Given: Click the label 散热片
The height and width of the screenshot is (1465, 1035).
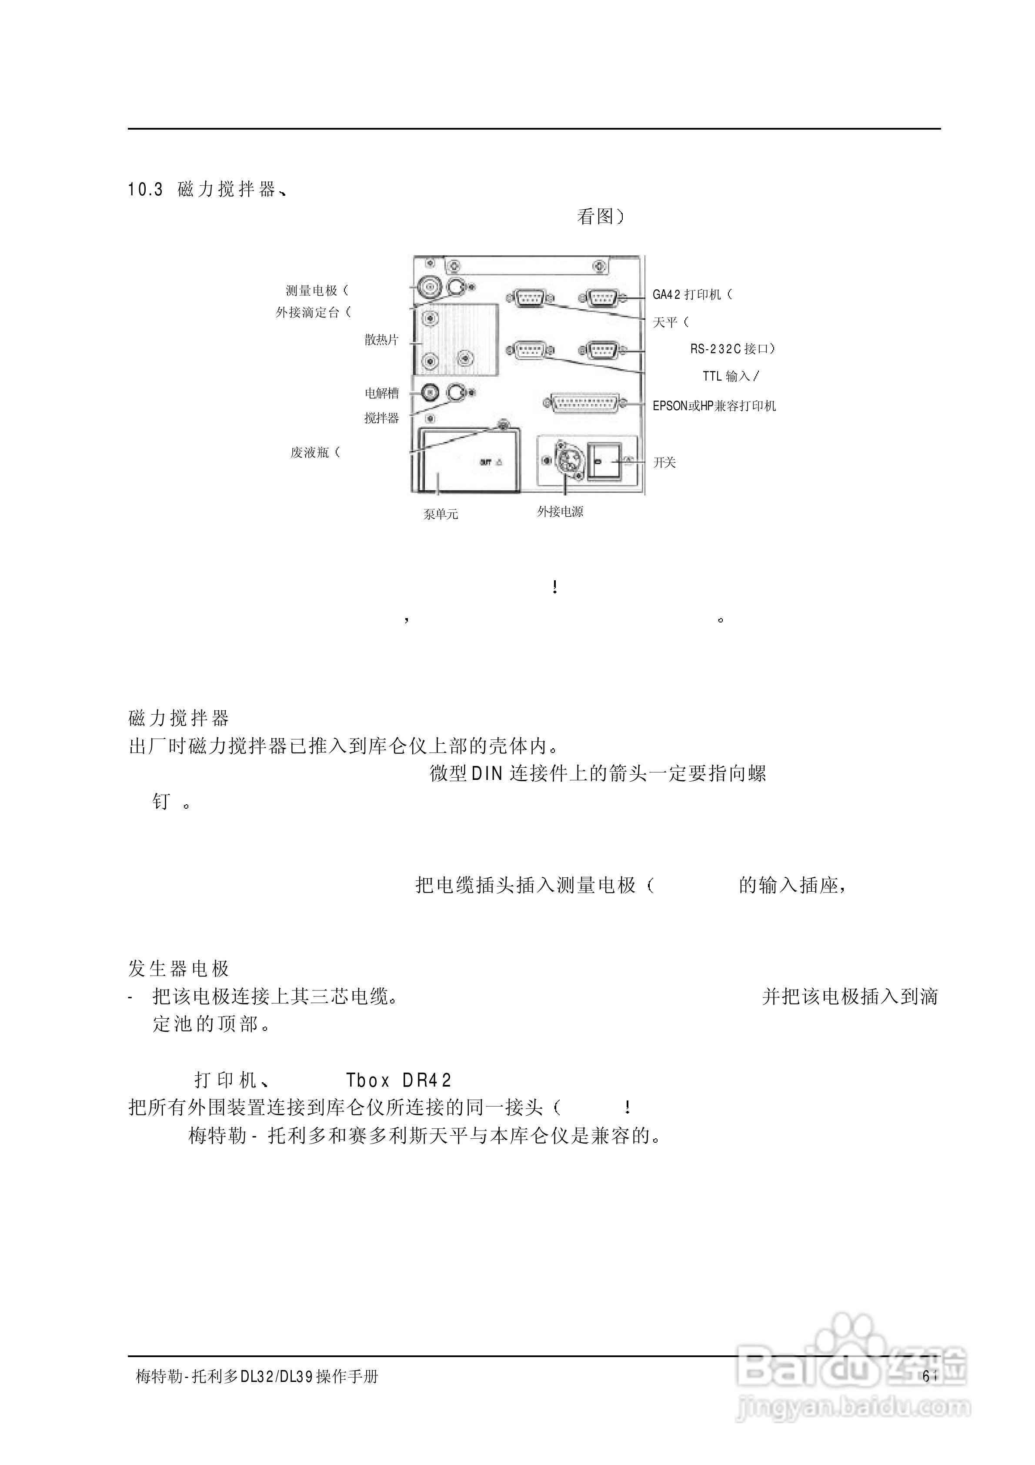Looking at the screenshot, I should (381, 340).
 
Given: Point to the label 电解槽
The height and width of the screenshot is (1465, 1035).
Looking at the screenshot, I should (381, 393).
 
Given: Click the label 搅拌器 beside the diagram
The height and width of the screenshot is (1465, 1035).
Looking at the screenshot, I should (381, 418).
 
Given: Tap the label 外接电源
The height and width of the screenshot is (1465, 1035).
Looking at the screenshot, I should (560, 512).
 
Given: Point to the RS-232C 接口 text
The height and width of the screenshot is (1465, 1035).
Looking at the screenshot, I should (731, 349).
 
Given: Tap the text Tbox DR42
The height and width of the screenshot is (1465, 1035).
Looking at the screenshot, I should (399, 1080).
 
